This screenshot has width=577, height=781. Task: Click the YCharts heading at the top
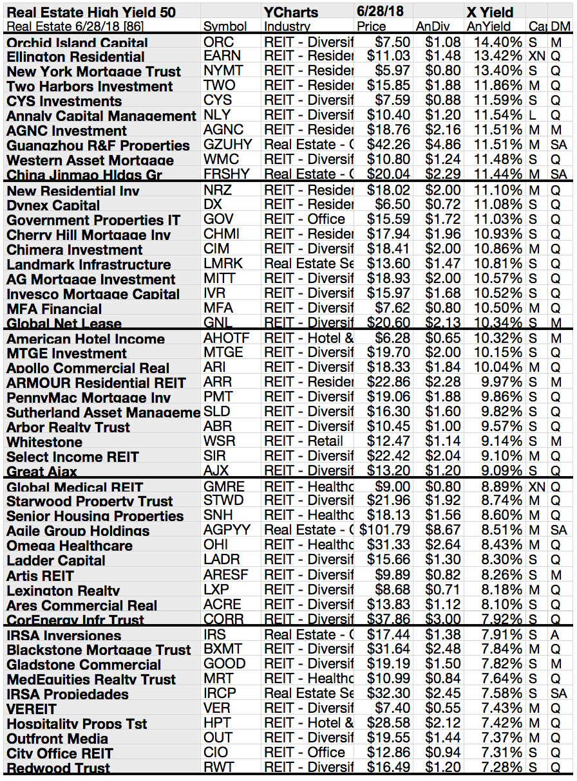(291, 12)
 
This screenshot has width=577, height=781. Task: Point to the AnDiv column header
(432, 26)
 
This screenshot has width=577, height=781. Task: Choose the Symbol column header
(225, 26)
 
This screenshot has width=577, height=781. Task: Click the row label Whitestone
(44, 442)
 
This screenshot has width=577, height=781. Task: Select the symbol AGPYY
(227, 530)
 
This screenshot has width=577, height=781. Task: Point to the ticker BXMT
(223, 649)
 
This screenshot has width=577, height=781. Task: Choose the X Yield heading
(490, 12)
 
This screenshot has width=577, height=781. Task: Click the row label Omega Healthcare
(70, 546)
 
